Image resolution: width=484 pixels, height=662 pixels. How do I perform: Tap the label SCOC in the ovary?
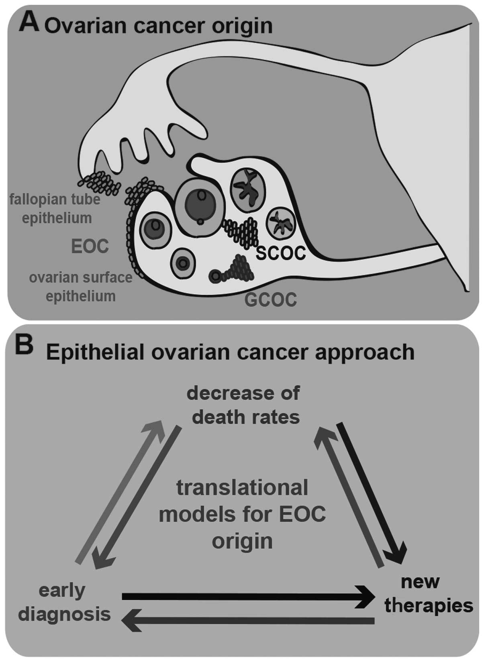pos(281,253)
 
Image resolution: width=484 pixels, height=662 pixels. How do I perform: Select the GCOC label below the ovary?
pos(271,300)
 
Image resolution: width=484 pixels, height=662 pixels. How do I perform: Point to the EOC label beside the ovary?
pos(90,246)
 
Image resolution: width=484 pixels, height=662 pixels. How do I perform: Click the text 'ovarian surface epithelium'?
pos(81,287)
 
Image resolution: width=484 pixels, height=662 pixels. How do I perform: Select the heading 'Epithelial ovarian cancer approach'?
pos(230,352)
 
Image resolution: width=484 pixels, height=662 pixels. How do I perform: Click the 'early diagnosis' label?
pos(64,602)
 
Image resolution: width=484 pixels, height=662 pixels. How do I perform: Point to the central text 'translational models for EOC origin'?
pos(242,514)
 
